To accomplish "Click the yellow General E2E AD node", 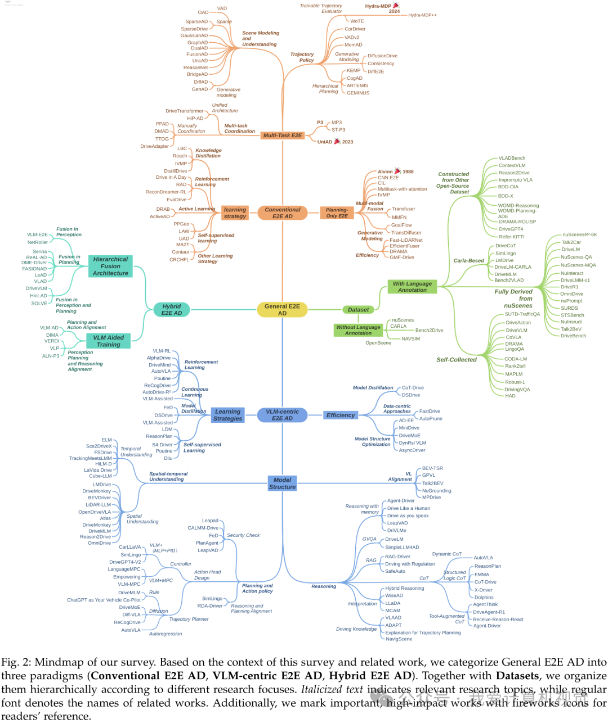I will [x=282, y=310].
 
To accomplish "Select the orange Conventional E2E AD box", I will [x=283, y=213].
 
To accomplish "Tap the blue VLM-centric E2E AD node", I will [x=282, y=415].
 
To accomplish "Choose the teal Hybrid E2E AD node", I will [x=172, y=310].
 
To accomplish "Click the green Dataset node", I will [x=358, y=310].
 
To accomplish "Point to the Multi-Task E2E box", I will [x=283, y=135].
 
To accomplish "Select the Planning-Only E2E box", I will [x=337, y=213].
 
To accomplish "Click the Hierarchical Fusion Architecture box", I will [x=110, y=266].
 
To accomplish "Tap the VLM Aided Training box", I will [x=108, y=341].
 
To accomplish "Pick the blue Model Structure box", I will [x=282, y=483].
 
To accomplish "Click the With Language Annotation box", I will [x=412, y=287].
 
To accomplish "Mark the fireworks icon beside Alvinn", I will [x=397, y=171].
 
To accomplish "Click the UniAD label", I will [x=325, y=142].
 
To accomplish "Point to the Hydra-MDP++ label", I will [x=422, y=15].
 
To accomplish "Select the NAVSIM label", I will [x=410, y=339].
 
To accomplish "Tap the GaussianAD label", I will [x=194, y=35].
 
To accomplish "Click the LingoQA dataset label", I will [x=515, y=349].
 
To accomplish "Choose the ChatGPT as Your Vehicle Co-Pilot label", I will [x=104, y=600].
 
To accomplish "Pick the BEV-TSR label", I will [x=432, y=468].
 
